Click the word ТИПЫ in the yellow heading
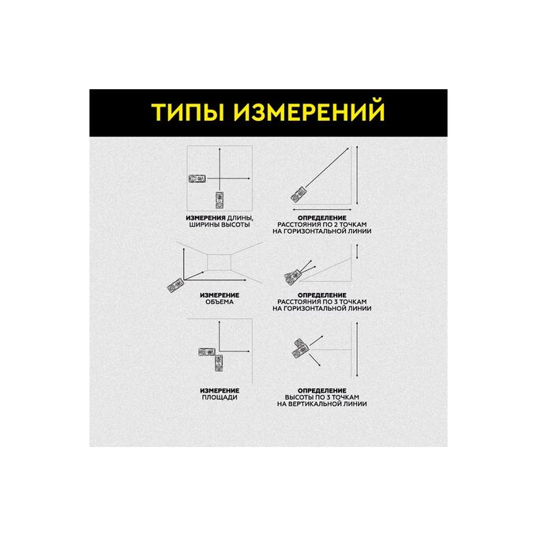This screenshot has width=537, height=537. [x=186, y=111]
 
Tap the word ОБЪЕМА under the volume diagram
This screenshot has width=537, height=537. [x=220, y=302]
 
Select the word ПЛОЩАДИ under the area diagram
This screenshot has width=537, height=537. [x=220, y=397]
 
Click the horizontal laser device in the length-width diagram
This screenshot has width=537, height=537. [x=197, y=178]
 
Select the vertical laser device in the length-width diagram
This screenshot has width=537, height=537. [x=220, y=200]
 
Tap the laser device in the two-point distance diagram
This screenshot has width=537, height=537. [x=299, y=194]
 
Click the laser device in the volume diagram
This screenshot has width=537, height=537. [x=175, y=285]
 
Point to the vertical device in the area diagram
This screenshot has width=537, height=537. [x=219, y=363]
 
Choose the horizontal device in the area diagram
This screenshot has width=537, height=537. [x=207, y=351]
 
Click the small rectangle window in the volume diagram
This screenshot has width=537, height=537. [x=220, y=262]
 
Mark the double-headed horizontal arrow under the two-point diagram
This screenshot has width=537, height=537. [x=322, y=209]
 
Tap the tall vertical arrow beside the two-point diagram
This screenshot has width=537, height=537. [x=357, y=175]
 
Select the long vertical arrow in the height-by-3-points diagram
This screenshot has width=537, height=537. [x=357, y=349]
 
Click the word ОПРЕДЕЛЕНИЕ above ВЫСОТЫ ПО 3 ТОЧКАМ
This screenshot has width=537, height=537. [x=322, y=391]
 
